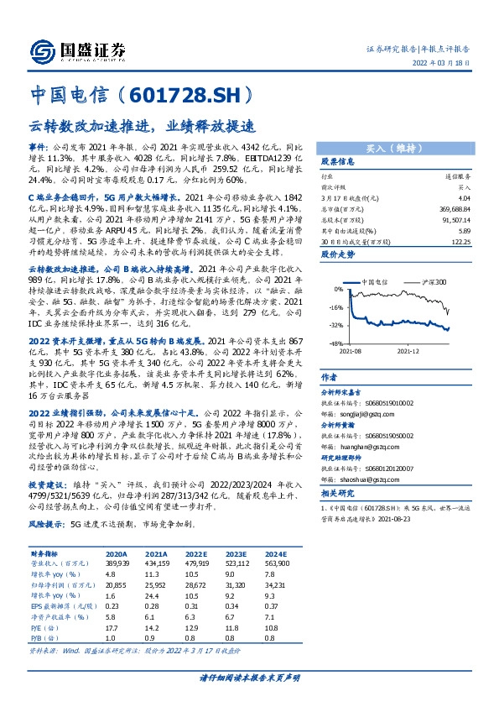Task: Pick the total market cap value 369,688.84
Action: (452, 207)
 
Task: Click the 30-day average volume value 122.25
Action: (456, 241)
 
